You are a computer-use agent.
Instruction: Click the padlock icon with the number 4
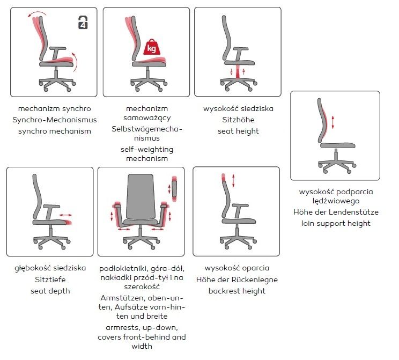[x=83, y=23]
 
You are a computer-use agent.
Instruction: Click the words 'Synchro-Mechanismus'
[x=55, y=120]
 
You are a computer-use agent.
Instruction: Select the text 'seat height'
[x=238, y=131]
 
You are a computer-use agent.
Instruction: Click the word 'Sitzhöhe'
[x=238, y=120]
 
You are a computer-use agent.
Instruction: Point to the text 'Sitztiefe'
[x=50, y=280]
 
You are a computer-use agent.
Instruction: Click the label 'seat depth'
[x=50, y=291]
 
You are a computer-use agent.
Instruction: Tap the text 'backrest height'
[x=237, y=291]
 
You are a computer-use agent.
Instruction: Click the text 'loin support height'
[x=336, y=223]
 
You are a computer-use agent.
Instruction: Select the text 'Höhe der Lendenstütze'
[x=336, y=212]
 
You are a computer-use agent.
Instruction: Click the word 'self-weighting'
[x=147, y=150]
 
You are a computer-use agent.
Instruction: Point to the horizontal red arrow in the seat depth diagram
[x=65, y=215]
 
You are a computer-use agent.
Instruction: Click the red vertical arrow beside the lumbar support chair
[x=332, y=122]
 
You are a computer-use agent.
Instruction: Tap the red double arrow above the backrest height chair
[x=233, y=180]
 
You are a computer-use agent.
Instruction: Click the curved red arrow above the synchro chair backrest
[x=37, y=14]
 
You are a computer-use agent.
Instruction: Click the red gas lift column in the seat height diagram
[x=238, y=71]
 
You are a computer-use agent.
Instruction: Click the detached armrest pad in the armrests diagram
[x=174, y=189]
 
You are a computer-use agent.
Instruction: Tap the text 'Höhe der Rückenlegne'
[x=237, y=280]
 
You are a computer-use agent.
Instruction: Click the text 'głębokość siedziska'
[x=50, y=268]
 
